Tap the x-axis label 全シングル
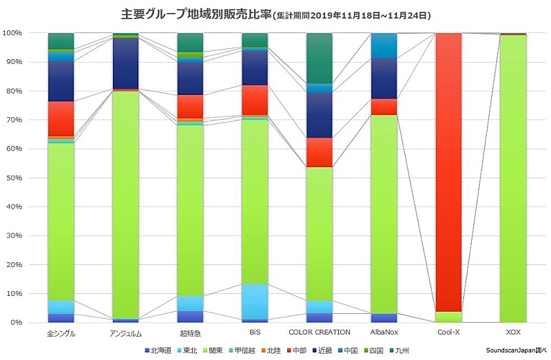(61, 334)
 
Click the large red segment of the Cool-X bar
(449, 172)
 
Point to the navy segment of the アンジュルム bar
(125, 63)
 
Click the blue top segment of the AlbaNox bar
(384, 45)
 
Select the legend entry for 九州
(402, 350)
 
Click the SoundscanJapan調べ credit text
(512, 350)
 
